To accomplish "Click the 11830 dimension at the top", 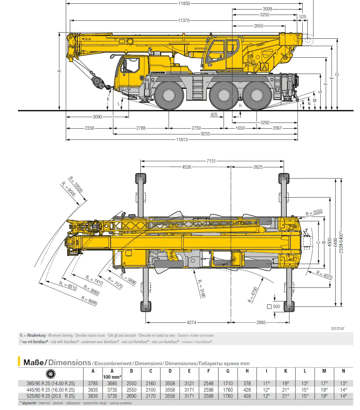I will [x=184, y=3].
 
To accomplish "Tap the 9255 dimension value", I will [x=205, y=134].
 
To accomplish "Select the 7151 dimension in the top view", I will [x=211, y=161].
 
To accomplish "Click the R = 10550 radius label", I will [x=75, y=184].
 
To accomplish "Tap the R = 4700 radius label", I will [x=253, y=295].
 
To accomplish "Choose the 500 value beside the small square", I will [x=276, y=306].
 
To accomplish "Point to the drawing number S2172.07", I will [x=338, y=329].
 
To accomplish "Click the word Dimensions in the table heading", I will [x=70, y=362].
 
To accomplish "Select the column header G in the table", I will [x=228, y=371].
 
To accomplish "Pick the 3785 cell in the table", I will [x=93, y=384].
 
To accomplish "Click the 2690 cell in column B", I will [x=131, y=396].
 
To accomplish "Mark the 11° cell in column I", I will [x=266, y=384].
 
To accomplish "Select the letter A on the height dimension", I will [x=59, y=71].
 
